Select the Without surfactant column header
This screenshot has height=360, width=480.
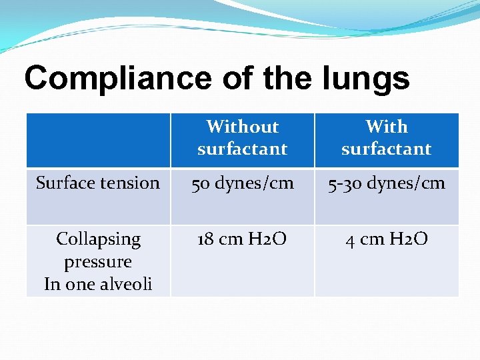[x=242, y=138]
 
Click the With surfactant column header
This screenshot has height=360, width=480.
[x=387, y=138]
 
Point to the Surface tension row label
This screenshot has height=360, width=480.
[x=98, y=183]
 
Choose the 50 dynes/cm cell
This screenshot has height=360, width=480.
[x=242, y=183]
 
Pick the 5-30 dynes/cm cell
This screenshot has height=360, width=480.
[x=387, y=183]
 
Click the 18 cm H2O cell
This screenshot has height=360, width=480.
[x=242, y=239]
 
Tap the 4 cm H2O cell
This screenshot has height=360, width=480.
[x=387, y=239]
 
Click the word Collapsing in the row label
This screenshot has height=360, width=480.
[x=98, y=239]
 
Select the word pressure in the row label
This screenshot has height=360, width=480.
[x=98, y=261]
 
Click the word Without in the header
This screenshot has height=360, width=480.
[x=242, y=127]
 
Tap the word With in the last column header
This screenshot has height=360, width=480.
[x=387, y=127]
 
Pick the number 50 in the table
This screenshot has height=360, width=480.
[x=201, y=183]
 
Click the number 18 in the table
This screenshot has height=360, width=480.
[x=205, y=239]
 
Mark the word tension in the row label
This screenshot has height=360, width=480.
[x=131, y=183]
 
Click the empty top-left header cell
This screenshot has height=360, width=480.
[x=98, y=140]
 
